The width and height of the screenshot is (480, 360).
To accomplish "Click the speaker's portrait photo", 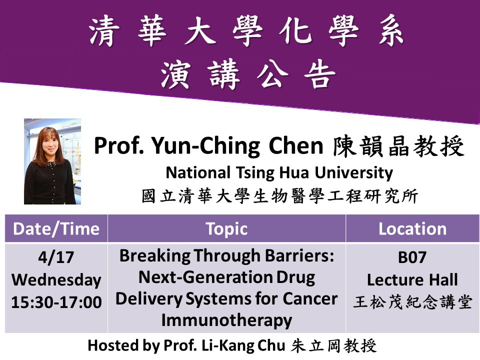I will point(52,161).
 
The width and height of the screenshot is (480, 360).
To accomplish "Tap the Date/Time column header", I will point(56,229).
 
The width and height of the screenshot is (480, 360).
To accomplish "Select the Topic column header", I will point(226,229).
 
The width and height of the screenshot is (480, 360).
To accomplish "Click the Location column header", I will point(412,229).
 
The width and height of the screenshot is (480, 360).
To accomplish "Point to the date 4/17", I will point(56,257).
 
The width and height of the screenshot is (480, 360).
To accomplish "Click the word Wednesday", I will point(56,280).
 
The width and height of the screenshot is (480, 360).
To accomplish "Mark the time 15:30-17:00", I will point(56,302).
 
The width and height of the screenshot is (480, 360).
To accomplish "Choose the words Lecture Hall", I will point(412,280).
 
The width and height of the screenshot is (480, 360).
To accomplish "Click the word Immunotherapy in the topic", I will point(226,320).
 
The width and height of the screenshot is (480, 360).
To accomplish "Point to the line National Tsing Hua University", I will point(279,173).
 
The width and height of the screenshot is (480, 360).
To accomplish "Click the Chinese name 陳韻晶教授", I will point(398,147).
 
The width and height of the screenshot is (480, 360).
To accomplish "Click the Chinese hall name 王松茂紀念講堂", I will point(412,302).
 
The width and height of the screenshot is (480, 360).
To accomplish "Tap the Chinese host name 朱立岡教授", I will point(333,345).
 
